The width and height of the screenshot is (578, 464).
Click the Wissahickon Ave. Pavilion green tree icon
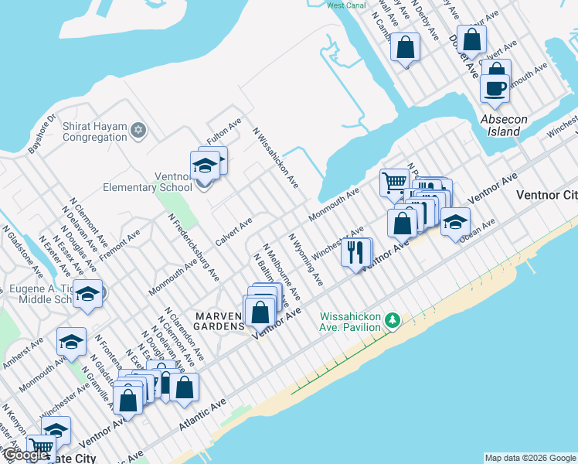(x=393, y=319)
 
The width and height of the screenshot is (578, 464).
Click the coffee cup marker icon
(x=495, y=87)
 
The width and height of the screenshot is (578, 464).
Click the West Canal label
(x=345, y=5)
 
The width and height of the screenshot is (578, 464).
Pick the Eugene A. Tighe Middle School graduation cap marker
(x=88, y=295)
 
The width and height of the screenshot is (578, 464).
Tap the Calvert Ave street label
(x=234, y=232)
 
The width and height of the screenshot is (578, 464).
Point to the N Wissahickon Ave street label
(x=276, y=158)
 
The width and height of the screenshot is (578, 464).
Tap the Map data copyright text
(x=530, y=458)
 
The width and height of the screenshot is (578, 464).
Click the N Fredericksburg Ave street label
(x=194, y=247)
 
